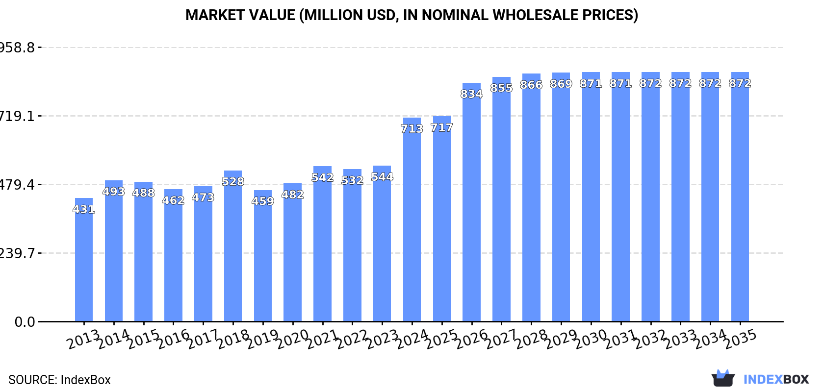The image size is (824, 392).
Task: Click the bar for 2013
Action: tap(84, 260)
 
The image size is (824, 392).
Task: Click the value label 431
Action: tap(84, 209)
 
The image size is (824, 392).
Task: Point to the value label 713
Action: tap(412, 129)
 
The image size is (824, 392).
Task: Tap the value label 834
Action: tap(471, 94)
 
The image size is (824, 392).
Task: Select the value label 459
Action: tap(263, 201)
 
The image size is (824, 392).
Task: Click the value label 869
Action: tap(561, 84)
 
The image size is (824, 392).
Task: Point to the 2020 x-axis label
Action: tap(292, 339)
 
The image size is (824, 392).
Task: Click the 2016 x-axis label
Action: tap(173, 339)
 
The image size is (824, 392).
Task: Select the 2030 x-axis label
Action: tap(591, 339)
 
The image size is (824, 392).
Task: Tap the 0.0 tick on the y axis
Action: tap(25, 322)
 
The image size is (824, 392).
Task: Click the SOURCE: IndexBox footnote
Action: tap(59, 380)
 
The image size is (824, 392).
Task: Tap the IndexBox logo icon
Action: tap(723, 378)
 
